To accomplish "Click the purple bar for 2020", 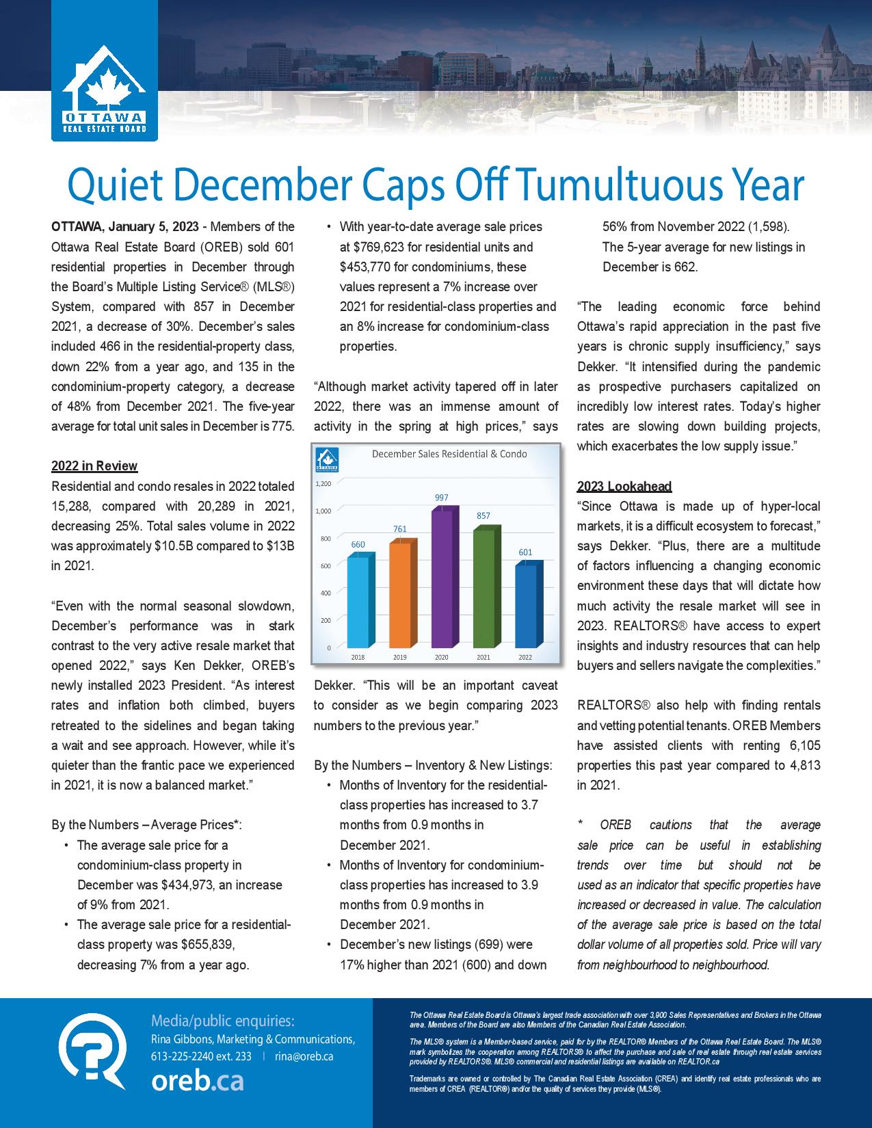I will (441, 578).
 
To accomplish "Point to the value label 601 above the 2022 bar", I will (525, 552).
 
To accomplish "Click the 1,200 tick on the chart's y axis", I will (323, 484).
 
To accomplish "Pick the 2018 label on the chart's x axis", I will (358, 657).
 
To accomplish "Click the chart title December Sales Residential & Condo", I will (449, 454).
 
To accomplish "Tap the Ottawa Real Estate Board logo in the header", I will (104, 93).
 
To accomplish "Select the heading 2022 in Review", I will (94, 466).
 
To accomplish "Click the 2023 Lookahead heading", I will (624, 486).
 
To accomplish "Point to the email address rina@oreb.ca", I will (304, 1056).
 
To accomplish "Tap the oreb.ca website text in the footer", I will (197, 1082).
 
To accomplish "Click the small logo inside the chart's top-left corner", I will (326, 460).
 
